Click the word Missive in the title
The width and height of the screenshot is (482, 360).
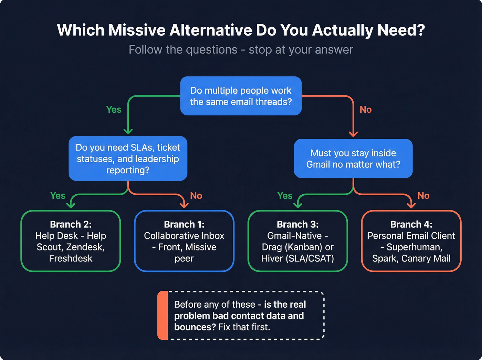pos(137,30)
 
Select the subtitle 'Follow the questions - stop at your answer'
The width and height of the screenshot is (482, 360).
pos(241,50)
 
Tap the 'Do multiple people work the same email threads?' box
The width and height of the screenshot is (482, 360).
pos(241,96)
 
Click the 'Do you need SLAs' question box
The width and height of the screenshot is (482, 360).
pos(128,158)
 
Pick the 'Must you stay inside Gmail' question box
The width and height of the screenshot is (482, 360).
pos(353,158)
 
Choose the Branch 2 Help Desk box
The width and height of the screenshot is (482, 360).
pos(71,241)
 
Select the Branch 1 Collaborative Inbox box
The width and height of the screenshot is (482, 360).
pos(184,241)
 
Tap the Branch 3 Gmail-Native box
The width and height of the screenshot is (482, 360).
pos(297,241)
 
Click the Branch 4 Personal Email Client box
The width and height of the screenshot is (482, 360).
pos(411,241)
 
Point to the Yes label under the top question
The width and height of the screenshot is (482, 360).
pos(114,110)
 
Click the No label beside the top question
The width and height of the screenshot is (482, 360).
pos(366,110)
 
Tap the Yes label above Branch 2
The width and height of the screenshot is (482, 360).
pos(57,196)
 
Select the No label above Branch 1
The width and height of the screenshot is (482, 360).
pos(196,196)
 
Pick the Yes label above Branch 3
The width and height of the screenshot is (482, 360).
pos(285,196)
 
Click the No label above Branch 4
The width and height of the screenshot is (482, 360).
pos(423,196)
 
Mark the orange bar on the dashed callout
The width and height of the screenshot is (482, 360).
pos(163,316)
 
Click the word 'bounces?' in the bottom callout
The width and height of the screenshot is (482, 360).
pos(195,327)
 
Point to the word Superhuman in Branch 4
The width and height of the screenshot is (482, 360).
pos(414,247)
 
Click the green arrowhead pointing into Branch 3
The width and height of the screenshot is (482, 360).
pos(298,205)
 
